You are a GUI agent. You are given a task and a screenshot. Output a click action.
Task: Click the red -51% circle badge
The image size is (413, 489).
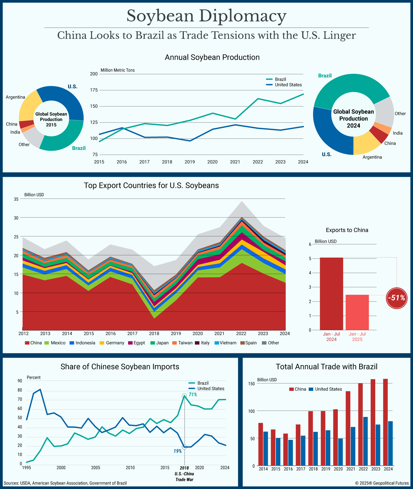point(396,298)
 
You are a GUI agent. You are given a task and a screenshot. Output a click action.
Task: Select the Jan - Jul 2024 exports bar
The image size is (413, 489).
point(331,293)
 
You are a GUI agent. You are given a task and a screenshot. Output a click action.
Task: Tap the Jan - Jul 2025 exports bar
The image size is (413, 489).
point(357,312)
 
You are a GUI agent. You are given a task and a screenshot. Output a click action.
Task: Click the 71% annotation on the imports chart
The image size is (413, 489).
point(193,394)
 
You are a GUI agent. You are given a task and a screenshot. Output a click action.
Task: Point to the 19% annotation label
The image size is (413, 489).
point(178,451)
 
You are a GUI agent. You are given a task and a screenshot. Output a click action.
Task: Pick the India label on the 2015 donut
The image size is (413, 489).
point(15,132)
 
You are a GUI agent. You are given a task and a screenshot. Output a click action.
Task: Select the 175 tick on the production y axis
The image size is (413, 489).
point(94,90)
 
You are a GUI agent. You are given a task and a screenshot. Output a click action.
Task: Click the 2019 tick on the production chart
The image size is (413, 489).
point(190,162)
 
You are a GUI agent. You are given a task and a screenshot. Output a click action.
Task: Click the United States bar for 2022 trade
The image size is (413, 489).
point(365,441)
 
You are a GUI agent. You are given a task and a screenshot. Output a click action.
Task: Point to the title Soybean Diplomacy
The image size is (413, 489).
point(206,16)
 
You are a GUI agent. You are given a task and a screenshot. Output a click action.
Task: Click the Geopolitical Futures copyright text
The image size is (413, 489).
point(382,483)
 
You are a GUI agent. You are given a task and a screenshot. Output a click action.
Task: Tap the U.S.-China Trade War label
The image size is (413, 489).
point(184,476)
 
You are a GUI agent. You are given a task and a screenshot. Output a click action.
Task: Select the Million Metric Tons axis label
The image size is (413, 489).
point(117,70)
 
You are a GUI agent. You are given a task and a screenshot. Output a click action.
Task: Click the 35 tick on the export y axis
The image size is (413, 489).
point(16,199)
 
